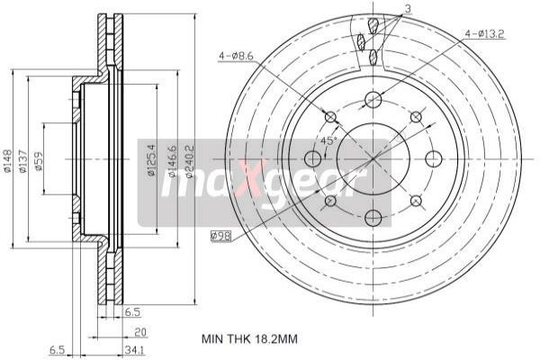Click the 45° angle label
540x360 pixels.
tap(328, 141)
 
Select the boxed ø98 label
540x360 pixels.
tap(220, 236)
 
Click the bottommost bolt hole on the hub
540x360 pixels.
tap(373, 217)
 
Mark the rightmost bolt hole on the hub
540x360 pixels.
tap(431, 158)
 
